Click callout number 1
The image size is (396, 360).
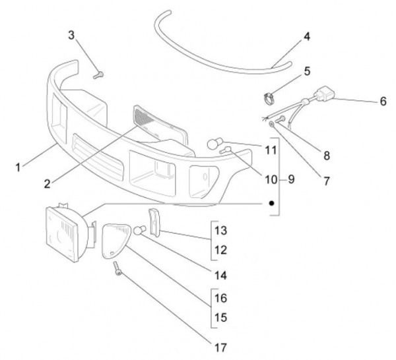tap(19, 167)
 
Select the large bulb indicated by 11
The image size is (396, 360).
tap(214, 142)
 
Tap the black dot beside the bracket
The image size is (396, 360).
tap(271, 204)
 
